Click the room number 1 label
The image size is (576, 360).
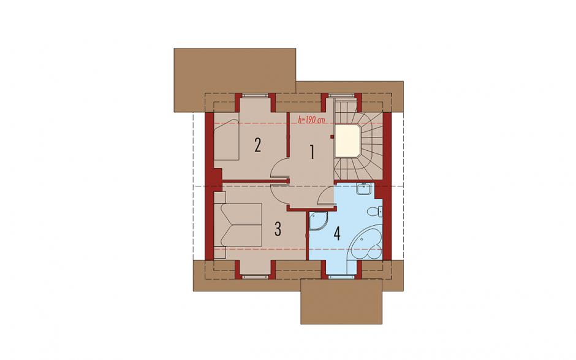[312, 152]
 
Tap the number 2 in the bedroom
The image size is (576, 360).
[257, 145]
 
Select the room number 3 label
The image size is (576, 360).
[278, 229]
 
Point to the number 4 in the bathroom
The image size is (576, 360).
[337, 233]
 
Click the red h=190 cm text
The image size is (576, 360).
[311, 120]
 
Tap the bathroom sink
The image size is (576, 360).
[365, 189]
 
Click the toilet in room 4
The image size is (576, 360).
[374, 212]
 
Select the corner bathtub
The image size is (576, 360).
[365, 243]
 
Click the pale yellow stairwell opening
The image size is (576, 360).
[348, 141]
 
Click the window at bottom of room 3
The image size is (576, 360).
[255, 276]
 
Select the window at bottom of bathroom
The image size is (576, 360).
[342, 276]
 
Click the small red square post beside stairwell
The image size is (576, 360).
[332, 137]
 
